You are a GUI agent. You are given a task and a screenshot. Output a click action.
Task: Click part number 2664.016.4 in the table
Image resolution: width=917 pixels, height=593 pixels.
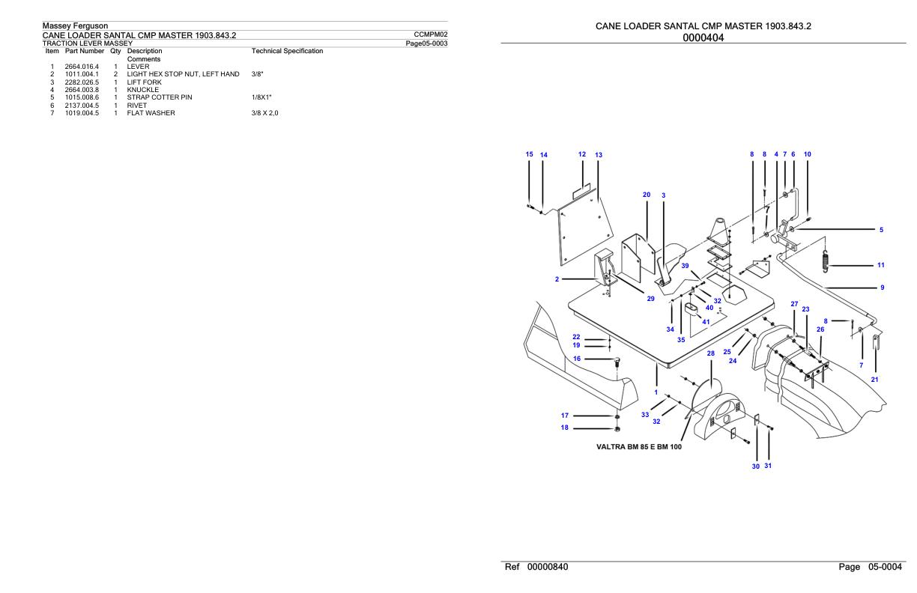(82, 67)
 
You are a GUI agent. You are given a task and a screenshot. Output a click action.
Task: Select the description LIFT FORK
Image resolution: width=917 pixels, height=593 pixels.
(144, 82)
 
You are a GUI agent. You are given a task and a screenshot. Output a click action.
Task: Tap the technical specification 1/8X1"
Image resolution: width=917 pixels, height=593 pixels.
(261, 97)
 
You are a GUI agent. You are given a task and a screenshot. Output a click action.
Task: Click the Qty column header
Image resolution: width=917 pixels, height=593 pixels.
(115, 51)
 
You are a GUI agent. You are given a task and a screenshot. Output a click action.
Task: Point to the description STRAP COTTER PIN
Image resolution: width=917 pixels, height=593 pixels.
(160, 97)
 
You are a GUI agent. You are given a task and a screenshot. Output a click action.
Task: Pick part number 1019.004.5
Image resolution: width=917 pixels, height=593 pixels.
(82, 113)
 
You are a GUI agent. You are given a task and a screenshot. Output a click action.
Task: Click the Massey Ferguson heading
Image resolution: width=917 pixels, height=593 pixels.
(76, 25)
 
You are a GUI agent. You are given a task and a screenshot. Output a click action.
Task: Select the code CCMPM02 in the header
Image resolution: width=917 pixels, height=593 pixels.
(431, 34)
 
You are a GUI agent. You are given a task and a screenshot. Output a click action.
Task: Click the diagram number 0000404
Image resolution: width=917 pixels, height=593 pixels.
(703, 37)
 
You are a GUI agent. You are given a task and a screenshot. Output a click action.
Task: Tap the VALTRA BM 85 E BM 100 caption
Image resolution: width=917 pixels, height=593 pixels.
(639, 447)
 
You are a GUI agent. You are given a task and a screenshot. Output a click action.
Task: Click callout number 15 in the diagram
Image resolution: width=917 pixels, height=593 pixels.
(530, 154)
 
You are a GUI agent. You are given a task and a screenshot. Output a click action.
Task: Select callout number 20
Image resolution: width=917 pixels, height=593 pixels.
(647, 195)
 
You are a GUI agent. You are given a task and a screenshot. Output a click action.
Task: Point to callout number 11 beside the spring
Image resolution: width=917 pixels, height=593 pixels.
(881, 265)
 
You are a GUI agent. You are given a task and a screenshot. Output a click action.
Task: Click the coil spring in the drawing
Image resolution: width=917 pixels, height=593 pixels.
(826, 261)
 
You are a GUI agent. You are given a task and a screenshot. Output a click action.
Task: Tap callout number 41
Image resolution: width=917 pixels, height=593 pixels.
(706, 322)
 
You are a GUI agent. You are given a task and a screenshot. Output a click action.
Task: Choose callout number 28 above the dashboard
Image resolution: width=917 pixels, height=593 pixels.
(711, 353)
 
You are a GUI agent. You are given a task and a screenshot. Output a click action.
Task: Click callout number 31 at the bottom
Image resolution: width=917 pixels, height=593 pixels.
(768, 466)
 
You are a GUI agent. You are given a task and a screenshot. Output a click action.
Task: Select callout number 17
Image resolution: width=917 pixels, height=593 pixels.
(565, 416)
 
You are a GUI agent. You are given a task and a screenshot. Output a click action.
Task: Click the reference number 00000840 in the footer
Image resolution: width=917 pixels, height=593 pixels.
(548, 567)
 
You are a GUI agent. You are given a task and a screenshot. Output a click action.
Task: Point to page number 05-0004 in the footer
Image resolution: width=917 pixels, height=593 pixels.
(885, 567)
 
